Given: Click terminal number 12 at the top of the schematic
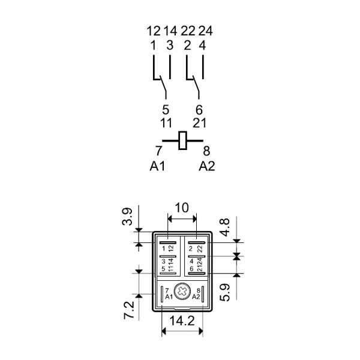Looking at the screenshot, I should click(154, 31).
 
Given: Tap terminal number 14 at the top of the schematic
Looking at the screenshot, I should click(171, 31).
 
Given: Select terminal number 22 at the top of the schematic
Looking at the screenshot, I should click(188, 31).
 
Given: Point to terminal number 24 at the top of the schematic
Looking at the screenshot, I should click(205, 31).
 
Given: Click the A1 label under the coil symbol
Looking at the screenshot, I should click(157, 166).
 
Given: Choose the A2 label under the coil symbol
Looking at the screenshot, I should click(207, 166).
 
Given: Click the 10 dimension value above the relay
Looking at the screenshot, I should click(181, 208).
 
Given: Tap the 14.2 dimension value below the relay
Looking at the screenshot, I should click(182, 320).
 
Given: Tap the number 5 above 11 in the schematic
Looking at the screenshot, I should click(166, 110).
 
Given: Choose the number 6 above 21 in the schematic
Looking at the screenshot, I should click(199, 110).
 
